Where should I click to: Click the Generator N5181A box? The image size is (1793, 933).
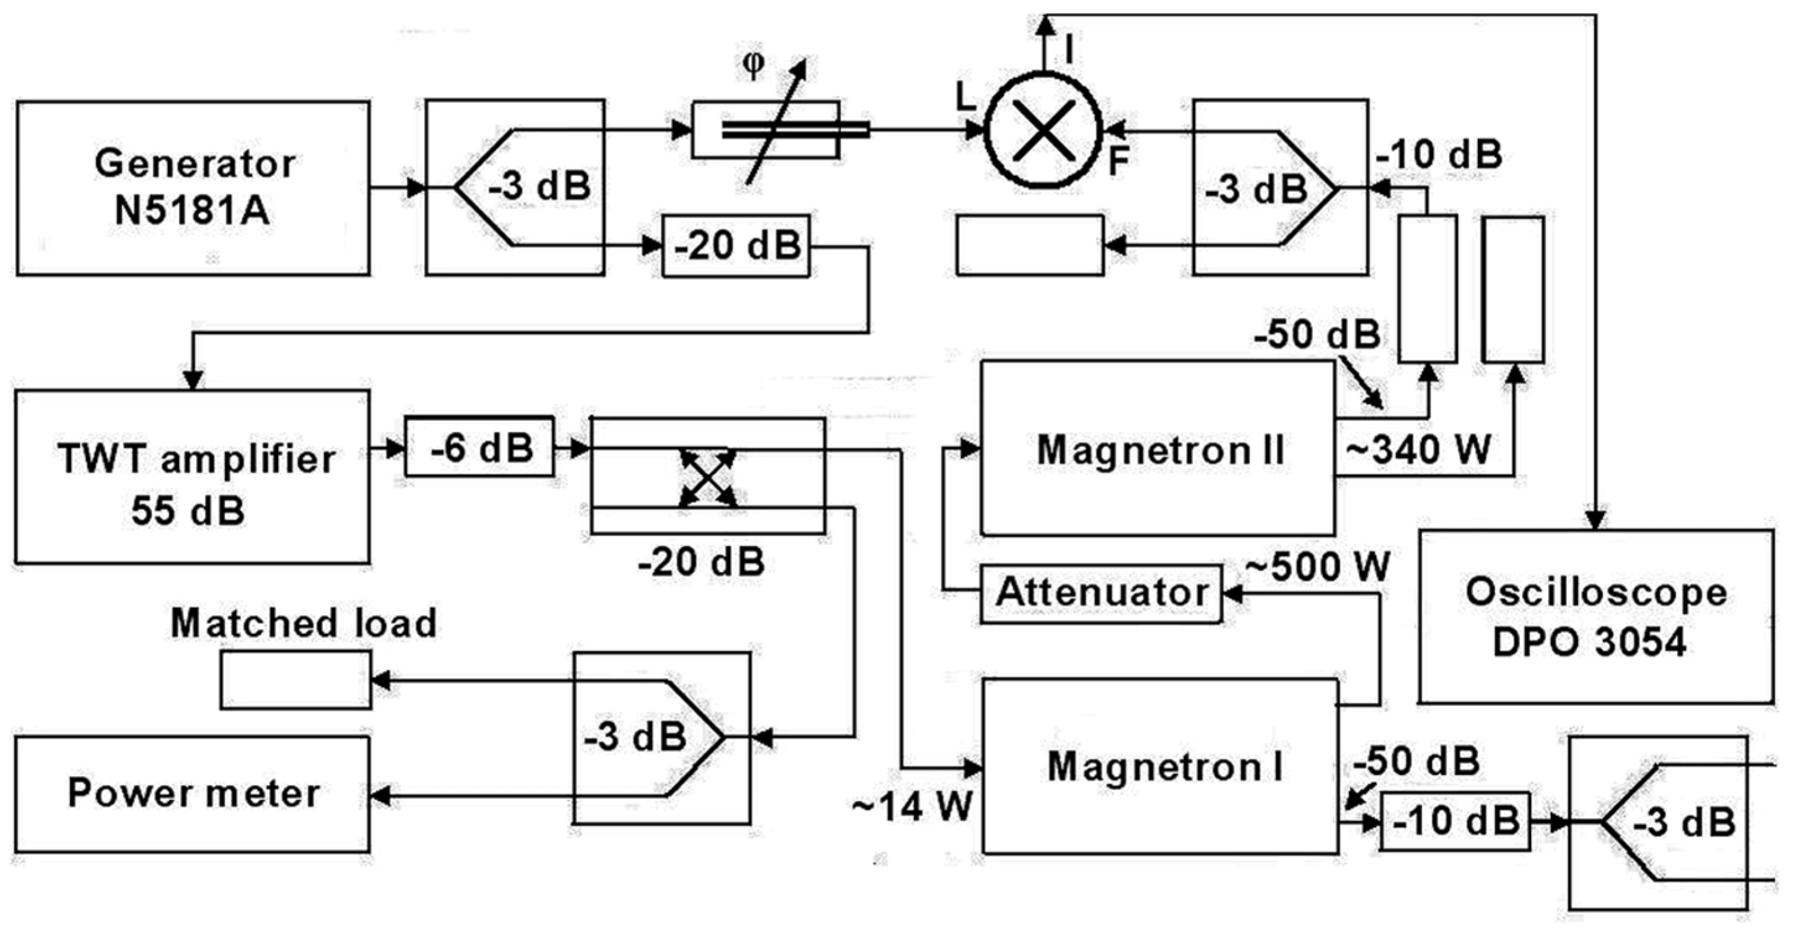tap(193, 188)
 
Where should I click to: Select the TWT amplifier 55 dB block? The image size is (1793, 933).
tap(192, 477)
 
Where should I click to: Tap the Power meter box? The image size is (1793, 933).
tap(192, 794)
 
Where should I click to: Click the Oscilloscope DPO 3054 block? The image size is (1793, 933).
tap(1595, 617)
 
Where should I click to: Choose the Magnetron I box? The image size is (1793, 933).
tap(1159, 766)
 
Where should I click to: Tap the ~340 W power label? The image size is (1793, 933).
tap(1418, 450)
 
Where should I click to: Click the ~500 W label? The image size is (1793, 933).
tap(1317, 567)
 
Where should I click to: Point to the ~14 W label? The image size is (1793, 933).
tap(912, 807)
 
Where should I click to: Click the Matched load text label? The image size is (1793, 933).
tap(303, 623)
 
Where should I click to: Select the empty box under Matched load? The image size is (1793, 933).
tap(296, 680)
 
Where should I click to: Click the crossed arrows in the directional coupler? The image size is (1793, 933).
tap(708, 477)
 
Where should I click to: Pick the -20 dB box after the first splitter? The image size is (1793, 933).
tap(736, 246)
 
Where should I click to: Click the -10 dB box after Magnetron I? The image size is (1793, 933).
tap(1455, 822)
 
